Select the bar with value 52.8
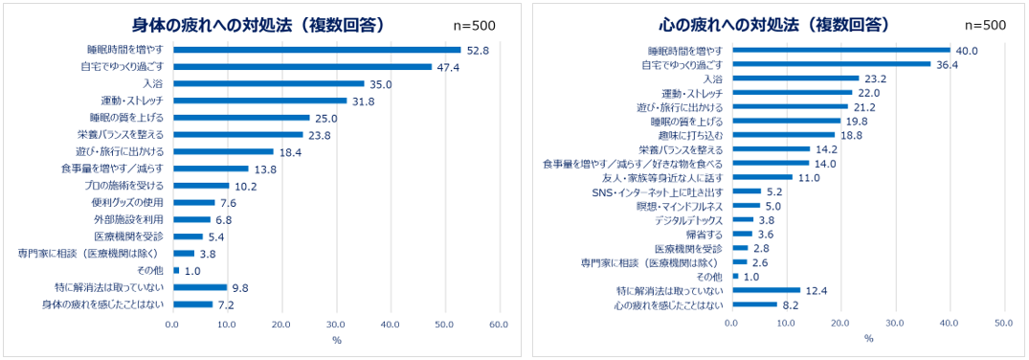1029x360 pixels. [316, 50]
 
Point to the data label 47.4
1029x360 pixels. [449, 67]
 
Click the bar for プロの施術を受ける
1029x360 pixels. [200, 185]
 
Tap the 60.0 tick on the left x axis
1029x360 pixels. [498, 325]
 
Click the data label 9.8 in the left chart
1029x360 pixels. [241, 287]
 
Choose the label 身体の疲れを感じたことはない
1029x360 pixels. [103, 304]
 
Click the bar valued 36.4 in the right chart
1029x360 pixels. [831, 64]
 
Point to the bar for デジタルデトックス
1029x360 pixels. [742, 219]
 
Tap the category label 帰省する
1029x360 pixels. [705, 234]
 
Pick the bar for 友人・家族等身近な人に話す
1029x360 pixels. [762, 177]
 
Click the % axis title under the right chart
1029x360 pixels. [867, 339]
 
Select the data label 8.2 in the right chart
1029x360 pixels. [792, 304]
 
